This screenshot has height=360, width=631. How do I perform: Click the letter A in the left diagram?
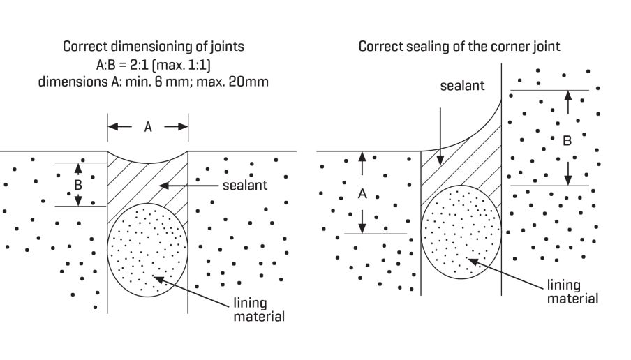click(x=147, y=127)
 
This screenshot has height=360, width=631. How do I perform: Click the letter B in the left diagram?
click(x=78, y=185)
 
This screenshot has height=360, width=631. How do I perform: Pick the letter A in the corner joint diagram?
click(x=362, y=195)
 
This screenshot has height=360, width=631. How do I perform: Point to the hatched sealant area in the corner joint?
click(x=461, y=167)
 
